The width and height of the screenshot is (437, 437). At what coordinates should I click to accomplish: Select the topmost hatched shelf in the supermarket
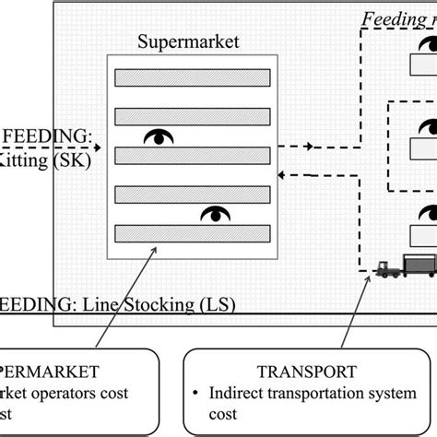[x=191, y=77]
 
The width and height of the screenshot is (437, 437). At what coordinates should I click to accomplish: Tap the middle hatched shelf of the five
[x=191, y=154]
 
